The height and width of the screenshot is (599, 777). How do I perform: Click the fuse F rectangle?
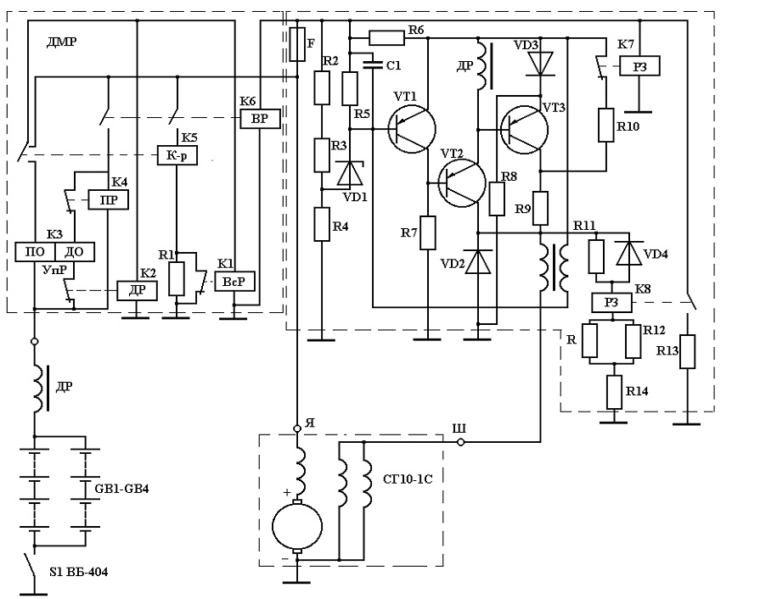coord(297,44)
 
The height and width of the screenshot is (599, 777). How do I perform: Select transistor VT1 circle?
coord(412,129)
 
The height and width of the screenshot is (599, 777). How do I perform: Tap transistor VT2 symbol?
coord(462,182)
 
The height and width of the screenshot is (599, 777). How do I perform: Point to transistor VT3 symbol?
coord(524,130)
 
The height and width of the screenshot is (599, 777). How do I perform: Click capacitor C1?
coord(374,64)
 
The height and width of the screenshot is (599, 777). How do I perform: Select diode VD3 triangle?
coord(539,63)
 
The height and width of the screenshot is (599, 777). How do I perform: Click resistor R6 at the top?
coord(386,37)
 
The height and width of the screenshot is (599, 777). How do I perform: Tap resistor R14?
coord(615,392)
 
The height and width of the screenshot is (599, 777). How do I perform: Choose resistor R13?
coord(687,351)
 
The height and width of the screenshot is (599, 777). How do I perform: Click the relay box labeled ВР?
coord(260,119)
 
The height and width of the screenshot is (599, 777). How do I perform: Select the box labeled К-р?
coord(177,155)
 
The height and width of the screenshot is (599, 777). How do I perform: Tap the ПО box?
coord(35,252)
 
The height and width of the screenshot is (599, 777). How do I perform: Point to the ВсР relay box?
coord(234,282)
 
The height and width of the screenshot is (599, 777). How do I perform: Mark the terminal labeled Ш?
coord(460,442)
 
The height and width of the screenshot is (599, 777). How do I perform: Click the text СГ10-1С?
coord(408,479)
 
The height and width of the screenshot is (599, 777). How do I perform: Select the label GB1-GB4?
coord(121,489)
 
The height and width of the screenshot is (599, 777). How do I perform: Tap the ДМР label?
coord(61,42)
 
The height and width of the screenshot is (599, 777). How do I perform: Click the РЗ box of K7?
coord(639,66)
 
